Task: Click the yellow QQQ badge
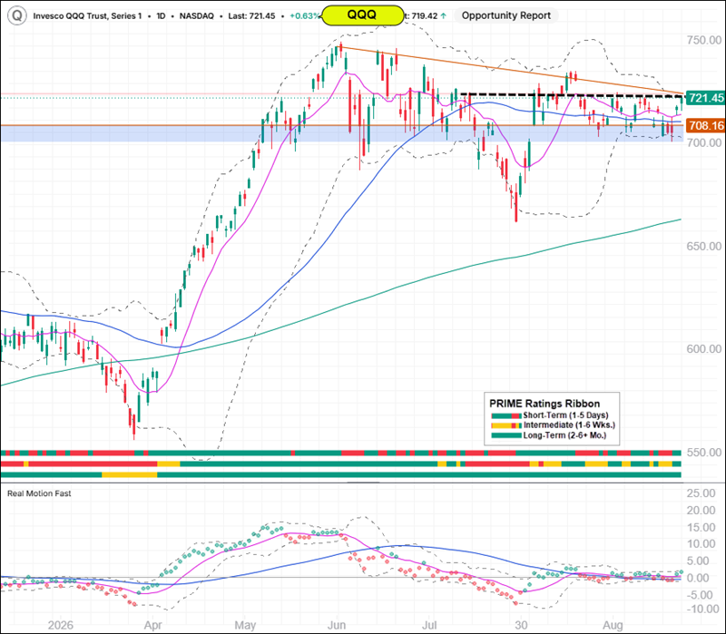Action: (362, 15)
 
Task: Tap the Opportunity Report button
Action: (506, 15)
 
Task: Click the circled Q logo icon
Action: (16, 15)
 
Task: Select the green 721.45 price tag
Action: (705, 98)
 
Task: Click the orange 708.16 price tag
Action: (705, 125)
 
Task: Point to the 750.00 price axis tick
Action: (704, 40)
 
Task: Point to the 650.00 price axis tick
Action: (704, 246)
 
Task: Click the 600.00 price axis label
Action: (704, 349)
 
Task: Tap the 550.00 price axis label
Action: (704, 452)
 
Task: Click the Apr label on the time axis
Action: (152, 625)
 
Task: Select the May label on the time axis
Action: (245, 625)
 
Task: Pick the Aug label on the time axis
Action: (613, 625)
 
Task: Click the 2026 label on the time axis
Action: (61, 625)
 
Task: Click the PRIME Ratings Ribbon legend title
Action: (544, 404)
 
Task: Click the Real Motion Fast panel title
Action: (39, 493)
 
